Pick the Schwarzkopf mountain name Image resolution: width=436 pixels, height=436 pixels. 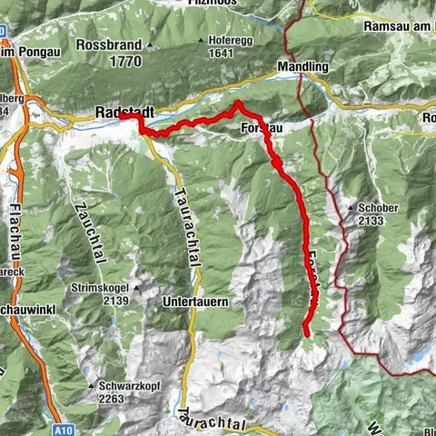tap(119, 385)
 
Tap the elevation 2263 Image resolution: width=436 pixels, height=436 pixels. tap(112, 396)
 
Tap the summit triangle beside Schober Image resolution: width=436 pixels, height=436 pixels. tap(351, 208)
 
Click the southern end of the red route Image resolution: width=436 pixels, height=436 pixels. tap(306, 335)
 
